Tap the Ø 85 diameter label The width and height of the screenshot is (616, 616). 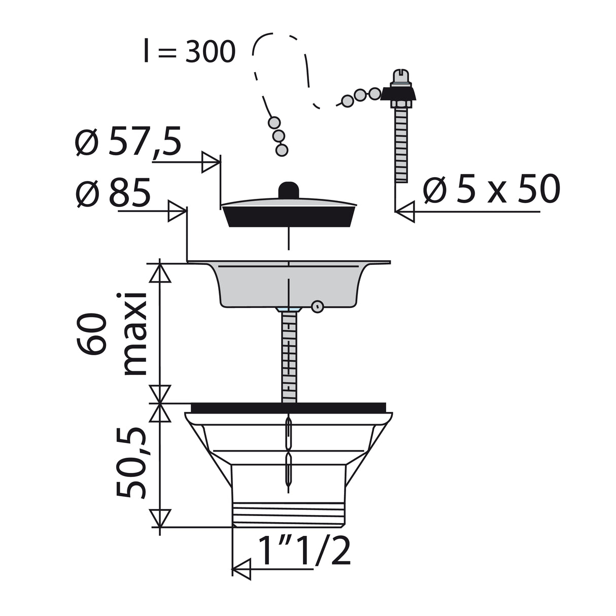pyautogui.click(x=113, y=193)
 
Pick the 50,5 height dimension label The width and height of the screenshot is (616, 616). pyautogui.click(x=130, y=463)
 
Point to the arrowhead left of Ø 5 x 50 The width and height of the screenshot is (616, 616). pyautogui.click(x=405, y=210)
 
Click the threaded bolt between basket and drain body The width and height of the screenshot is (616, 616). pyautogui.click(x=289, y=355)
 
